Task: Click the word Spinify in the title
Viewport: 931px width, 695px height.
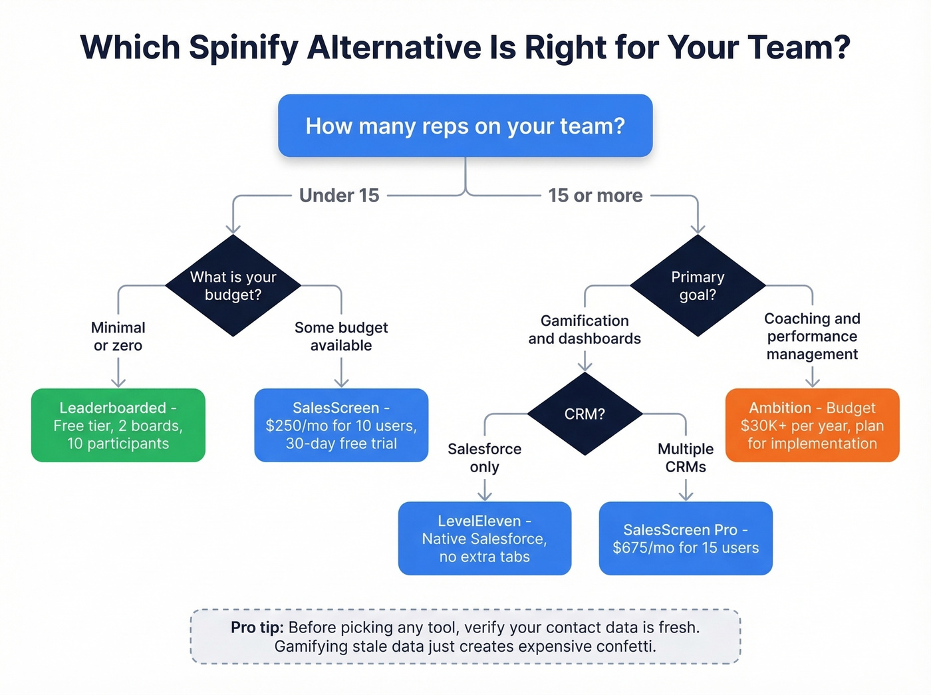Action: point(243,49)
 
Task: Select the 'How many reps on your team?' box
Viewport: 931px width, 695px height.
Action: point(465,126)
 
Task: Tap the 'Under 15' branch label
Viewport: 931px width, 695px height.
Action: point(339,196)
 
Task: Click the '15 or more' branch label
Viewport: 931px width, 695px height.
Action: point(595,196)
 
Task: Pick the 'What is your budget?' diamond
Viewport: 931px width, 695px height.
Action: point(233,286)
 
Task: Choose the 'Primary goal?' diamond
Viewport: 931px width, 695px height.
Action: point(698,286)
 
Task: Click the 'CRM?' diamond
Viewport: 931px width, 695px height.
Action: point(585,414)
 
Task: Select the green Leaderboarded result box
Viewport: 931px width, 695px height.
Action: point(118,426)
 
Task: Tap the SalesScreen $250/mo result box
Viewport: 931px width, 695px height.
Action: point(341,426)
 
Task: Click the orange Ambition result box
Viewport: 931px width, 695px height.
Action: point(812,426)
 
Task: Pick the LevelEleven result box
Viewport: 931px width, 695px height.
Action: point(485,539)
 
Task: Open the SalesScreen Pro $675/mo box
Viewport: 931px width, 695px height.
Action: point(686,539)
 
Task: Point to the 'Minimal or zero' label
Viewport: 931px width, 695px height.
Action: point(118,337)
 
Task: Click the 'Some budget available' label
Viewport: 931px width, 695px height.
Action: point(341,337)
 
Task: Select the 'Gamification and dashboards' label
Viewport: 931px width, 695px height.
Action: point(585,330)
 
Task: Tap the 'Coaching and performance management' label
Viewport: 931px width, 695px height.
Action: point(812,337)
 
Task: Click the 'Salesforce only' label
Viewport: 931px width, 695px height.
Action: point(485,458)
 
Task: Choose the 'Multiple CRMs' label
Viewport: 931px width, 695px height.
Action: point(686,458)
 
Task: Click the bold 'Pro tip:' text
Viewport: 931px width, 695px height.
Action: point(257,628)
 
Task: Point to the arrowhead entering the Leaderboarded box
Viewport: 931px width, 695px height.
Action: point(118,382)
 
